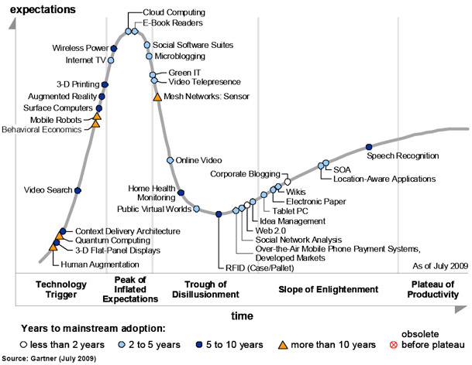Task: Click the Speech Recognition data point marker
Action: click(x=368, y=146)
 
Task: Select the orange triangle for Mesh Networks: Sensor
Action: click(x=157, y=97)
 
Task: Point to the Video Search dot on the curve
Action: click(x=78, y=189)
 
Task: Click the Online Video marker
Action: click(x=171, y=160)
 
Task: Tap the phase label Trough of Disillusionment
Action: click(x=205, y=289)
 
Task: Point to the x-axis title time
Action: click(x=241, y=316)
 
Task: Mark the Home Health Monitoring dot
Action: click(x=181, y=193)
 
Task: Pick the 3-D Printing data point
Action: click(x=105, y=84)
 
